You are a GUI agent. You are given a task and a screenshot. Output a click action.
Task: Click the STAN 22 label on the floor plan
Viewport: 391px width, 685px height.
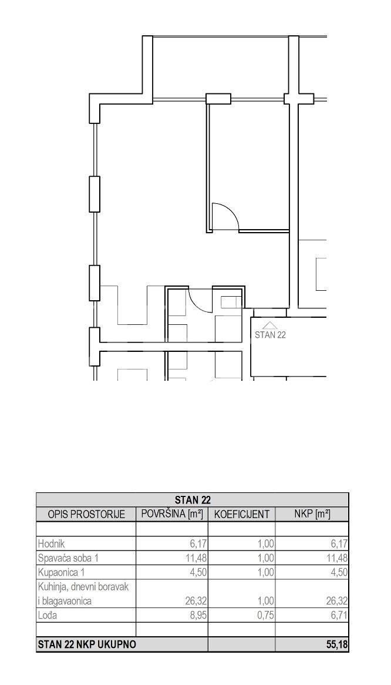pyautogui.click(x=270, y=335)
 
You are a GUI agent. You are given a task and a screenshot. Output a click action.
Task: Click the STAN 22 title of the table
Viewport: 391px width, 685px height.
pyautogui.click(x=193, y=499)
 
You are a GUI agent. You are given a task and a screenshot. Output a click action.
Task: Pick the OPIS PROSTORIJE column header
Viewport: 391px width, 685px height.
pyautogui.click(x=86, y=514)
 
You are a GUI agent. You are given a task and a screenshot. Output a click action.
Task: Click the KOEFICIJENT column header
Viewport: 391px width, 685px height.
pyautogui.click(x=242, y=514)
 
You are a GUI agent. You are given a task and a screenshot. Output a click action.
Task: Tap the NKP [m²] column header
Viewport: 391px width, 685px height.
pyautogui.click(x=312, y=513)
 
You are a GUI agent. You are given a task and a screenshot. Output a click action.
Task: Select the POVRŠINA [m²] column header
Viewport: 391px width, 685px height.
pyautogui.click(x=173, y=513)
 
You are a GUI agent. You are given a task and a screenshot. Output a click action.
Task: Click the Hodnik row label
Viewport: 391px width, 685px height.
pyautogui.click(x=52, y=544)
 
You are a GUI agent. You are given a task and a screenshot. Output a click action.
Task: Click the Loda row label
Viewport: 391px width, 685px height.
pyautogui.click(x=48, y=616)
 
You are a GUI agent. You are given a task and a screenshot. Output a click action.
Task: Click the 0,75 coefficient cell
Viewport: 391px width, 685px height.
pyautogui.click(x=266, y=616)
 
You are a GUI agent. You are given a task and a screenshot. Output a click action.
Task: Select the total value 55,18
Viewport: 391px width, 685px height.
pyautogui.click(x=338, y=644)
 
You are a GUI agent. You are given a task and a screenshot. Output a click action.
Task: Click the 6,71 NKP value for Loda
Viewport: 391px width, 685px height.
pyautogui.click(x=339, y=616)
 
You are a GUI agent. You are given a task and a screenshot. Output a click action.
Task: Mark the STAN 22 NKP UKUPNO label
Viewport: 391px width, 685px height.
pyautogui.click(x=87, y=644)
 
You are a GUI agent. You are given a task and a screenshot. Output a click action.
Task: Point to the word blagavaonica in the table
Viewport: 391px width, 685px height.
pyautogui.click(x=66, y=601)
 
